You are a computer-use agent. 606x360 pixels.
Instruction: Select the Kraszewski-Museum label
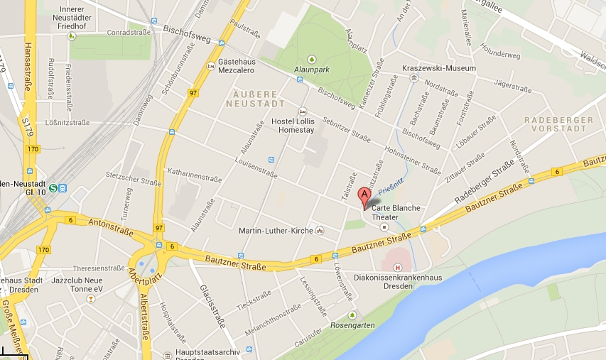438,68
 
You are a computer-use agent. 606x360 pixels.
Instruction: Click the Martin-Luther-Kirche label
276,230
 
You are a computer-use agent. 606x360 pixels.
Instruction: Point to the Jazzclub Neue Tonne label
89,285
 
